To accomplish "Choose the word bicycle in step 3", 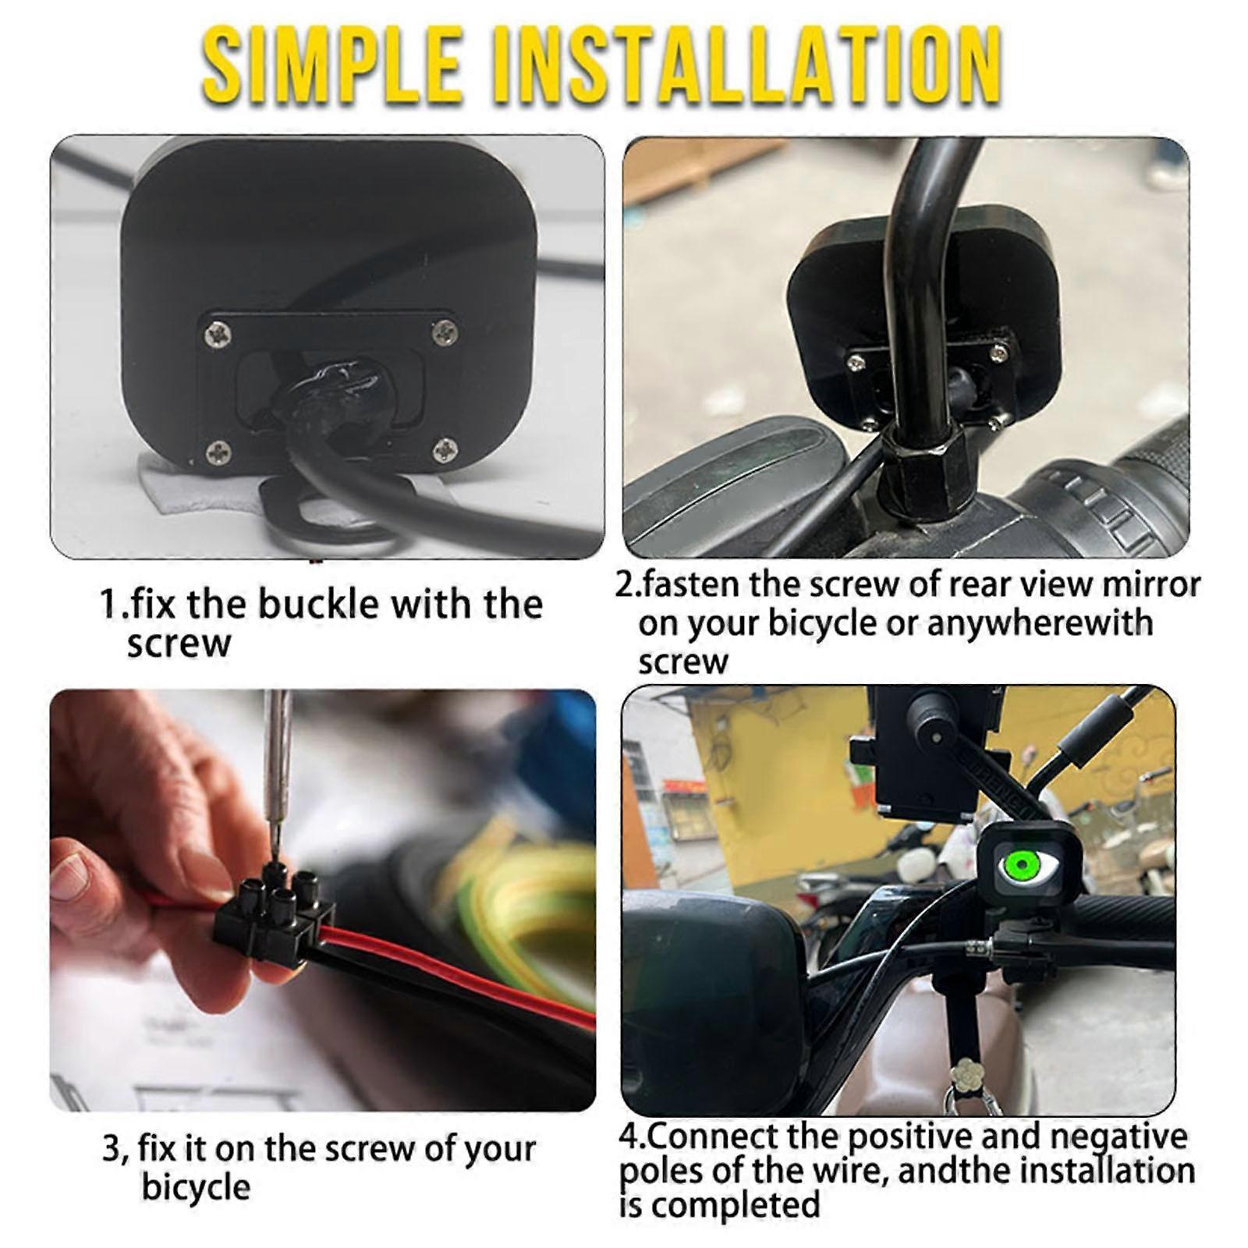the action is tap(196, 1188).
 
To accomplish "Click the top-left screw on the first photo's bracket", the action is tap(218, 335).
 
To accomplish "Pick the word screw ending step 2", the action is tap(682, 663).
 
